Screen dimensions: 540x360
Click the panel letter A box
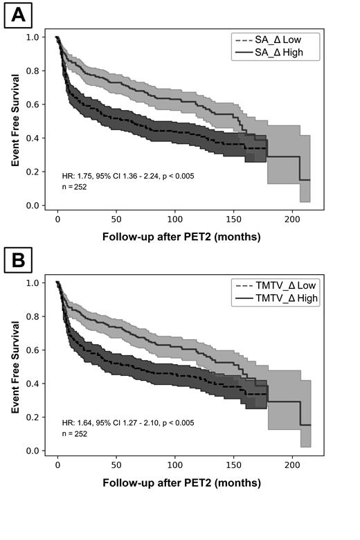17,15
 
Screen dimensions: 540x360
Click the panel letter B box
17,262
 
